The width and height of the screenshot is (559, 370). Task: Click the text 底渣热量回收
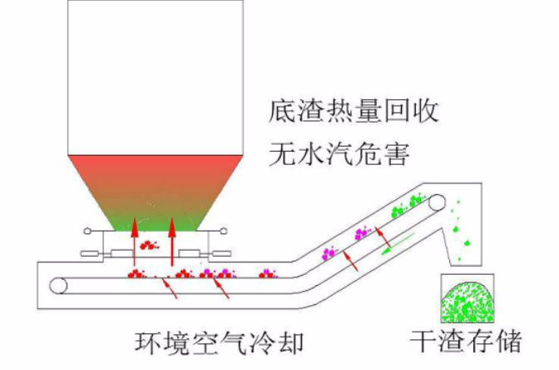[x=354, y=111]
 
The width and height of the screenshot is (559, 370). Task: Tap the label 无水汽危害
[x=339, y=154]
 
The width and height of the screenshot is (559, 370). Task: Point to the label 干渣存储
[x=466, y=341]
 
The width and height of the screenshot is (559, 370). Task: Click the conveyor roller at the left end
[x=58, y=286]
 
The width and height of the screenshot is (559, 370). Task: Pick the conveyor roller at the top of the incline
[x=437, y=202]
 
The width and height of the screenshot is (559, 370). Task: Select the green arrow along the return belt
[x=398, y=244]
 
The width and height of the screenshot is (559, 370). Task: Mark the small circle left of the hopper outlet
[x=87, y=231]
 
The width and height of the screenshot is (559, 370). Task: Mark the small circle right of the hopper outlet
[x=224, y=231]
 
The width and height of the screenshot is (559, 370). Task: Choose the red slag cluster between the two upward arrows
[x=149, y=245]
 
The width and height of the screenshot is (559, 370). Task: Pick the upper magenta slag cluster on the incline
[x=363, y=233]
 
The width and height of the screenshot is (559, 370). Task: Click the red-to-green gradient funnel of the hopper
[x=156, y=192]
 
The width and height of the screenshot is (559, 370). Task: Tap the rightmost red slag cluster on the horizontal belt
[x=268, y=274]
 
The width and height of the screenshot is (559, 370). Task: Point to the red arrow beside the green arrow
[x=383, y=237]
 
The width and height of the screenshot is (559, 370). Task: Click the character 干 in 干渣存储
[x=423, y=342]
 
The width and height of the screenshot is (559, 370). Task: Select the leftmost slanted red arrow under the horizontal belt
[x=170, y=287]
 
